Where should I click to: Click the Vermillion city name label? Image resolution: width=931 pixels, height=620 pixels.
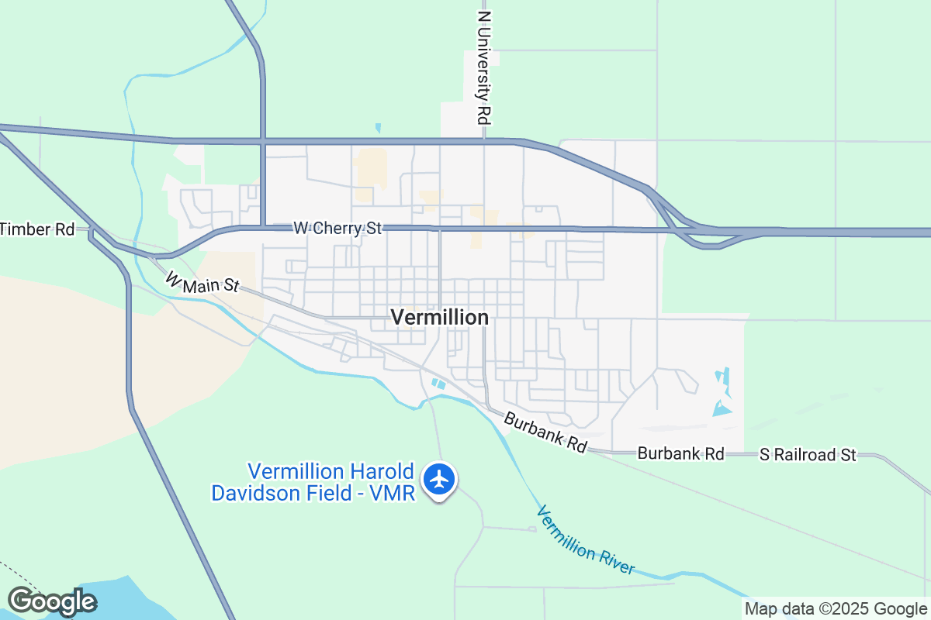[x=439, y=317]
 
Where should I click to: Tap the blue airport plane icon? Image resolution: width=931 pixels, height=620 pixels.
[x=439, y=480]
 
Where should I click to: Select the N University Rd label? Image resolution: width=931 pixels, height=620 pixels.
[x=485, y=67]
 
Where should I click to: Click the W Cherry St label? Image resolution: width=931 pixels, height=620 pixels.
[x=337, y=229]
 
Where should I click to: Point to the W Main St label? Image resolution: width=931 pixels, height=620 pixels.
[x=202, y=281]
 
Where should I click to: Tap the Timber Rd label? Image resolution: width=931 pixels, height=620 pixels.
[x=37, y=229]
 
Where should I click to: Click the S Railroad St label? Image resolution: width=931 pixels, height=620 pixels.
[x=808, y=455]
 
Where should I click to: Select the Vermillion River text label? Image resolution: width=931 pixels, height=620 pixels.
[x=586, y=540]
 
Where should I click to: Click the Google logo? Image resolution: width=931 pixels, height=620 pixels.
[x=52, y=601]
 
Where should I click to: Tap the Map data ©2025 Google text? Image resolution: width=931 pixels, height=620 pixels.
[x=836, y=609]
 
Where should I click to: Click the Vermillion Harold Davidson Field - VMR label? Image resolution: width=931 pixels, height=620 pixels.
[x=315, y=481]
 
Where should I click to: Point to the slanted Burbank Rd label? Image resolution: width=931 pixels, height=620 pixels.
[x=545, y=432]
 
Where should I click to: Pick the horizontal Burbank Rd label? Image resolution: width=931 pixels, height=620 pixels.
[x=680, y=453]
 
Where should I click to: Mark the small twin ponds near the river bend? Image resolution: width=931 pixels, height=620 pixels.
[x=438, y=384]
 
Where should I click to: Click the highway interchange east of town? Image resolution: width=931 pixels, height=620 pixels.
[x=683, y=225]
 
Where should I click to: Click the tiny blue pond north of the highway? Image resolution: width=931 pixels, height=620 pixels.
[x=378, y=128]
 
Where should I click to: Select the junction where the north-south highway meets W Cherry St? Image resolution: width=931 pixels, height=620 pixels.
[x=263, y=227]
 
